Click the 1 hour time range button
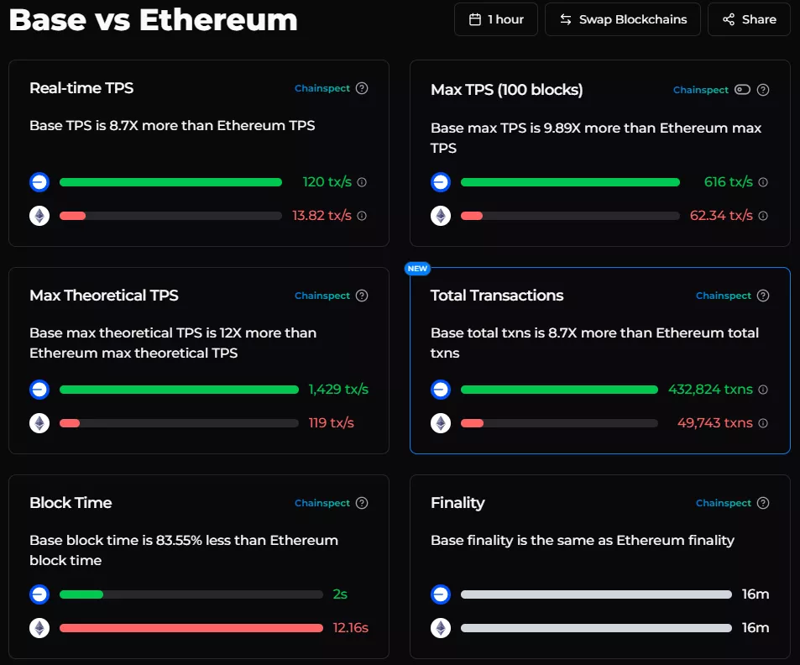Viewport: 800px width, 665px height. [x=496, y=19]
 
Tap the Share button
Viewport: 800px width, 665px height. [x=749, y=19]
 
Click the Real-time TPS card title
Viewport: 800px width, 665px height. [x=81, y=88]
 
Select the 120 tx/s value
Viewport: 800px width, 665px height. [x=327, y=182]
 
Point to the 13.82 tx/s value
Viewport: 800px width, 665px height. [x=322, y=216]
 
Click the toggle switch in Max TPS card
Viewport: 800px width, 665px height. [x=742, y=90]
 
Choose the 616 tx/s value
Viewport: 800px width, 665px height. [x=729, y=182]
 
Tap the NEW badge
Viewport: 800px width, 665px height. [x=417, y=269]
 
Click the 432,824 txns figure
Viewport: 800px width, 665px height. [x=710, y=390]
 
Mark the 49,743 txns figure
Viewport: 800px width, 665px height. [x=715, y=423]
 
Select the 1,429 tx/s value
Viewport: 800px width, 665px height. [x=338, y=390]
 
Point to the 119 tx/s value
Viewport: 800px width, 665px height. [x=331, y=423]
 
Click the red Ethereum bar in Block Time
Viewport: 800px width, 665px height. [x=191, y=628]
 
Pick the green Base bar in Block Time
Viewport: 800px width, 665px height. [x=81, y=594]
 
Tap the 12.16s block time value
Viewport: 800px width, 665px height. [x=351, y=628]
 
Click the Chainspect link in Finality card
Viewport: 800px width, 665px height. [x=724, y=503]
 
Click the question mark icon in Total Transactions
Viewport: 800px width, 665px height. [x=763, y=296]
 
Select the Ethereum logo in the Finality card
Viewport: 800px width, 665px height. [x=441, y=628]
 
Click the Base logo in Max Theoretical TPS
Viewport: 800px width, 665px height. [x=39, y=390]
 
